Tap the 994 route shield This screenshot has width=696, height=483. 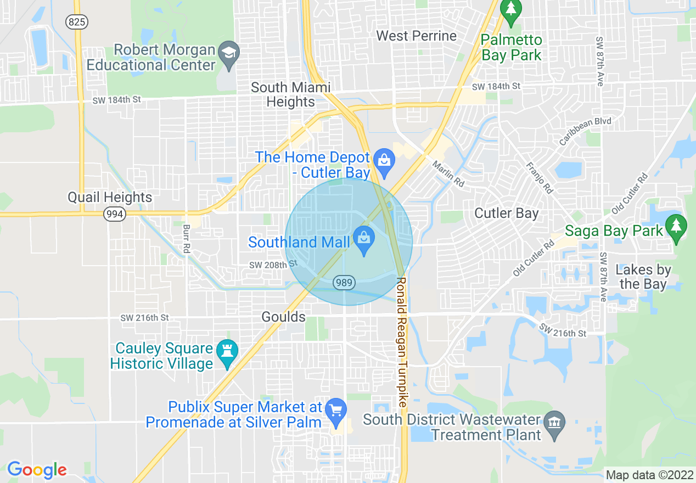115,214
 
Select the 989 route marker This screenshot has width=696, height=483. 344,283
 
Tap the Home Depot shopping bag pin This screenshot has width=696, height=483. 384,161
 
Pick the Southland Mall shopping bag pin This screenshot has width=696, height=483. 363,239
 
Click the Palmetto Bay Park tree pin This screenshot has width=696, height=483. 512,10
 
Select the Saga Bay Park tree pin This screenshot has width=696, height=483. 676,227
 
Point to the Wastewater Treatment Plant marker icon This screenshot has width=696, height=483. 554,424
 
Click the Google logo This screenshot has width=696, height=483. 37,470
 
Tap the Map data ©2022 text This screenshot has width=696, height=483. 649,475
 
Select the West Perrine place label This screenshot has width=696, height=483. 416,36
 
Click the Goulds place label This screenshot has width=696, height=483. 283,317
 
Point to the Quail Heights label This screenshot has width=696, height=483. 110,197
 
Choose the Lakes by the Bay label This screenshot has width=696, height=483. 643,277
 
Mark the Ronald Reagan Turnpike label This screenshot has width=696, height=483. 401,341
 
